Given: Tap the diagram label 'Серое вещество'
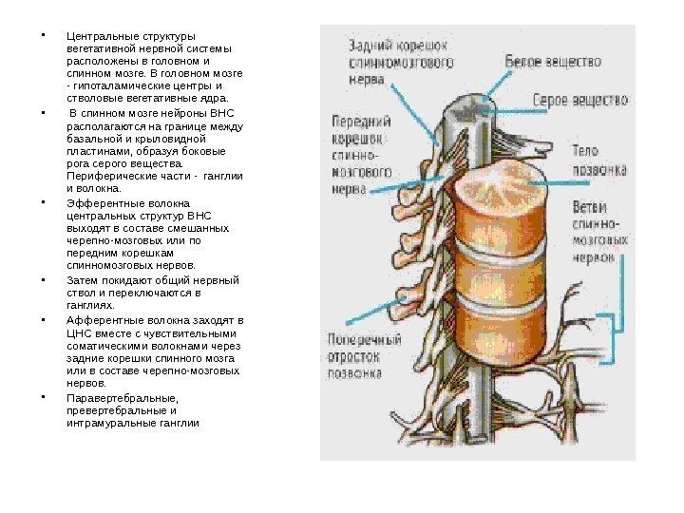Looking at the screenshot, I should point(579,98).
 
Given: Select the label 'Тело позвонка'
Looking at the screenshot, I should point(598,161).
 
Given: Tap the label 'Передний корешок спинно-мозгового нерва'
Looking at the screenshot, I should point(362,154).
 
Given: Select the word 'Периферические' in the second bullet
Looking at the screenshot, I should point(110,175).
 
